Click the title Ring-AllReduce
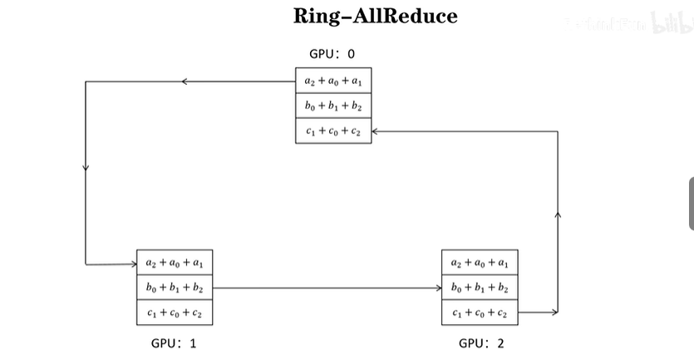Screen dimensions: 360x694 (x=375, y=17)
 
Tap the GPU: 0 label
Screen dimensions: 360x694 (x=332, y=54)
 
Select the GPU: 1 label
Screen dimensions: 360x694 (x=174, y=343)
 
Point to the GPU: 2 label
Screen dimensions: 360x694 (x=481, y=343)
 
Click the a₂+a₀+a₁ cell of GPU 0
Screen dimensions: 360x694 (x=333, y=81)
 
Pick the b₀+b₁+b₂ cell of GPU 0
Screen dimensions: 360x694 (x=333, y=106)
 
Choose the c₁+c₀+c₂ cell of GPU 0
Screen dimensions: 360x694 (x=333, y=131)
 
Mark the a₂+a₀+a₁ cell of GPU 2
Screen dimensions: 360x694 (x=480, y=263)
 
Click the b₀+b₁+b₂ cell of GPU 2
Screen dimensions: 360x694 (x=480, y=288)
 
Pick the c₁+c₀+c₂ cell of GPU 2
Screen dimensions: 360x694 (x=480, y=313)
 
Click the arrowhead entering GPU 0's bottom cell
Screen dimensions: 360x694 (x=375, y=131)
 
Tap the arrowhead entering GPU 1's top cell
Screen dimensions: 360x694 (x=133, y=264)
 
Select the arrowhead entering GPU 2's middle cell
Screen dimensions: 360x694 (x=438, y=288)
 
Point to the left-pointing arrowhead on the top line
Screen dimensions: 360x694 (x=185, y=81)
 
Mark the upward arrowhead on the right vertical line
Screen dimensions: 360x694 (x=558, y=215)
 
